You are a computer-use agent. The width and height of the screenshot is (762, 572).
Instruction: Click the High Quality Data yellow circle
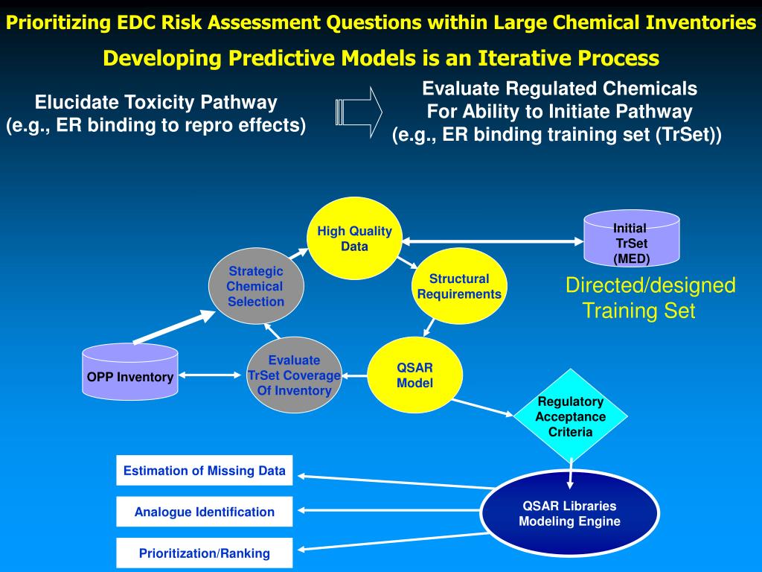tap(354, 238)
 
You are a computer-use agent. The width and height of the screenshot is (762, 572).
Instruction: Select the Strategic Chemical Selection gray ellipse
tap(256, 287)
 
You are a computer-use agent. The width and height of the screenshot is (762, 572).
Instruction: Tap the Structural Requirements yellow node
tap(459, 287)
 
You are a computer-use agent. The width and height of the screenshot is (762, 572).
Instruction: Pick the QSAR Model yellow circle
tap(415, 375)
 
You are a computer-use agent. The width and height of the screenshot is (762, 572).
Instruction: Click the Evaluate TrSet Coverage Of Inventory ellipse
tap(294, 375)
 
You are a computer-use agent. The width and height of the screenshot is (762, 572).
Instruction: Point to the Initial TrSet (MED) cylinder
tap(631, 241)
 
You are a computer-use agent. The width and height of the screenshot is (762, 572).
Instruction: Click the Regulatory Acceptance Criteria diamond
tap(571, 417)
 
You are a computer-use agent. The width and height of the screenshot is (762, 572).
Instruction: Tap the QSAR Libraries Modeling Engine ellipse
tap(570, 514)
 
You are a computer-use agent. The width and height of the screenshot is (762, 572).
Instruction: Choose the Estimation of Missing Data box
tap(205, 471)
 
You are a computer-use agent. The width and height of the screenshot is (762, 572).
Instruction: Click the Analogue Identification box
tap(205, 512)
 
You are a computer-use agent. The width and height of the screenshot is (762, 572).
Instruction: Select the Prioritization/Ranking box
tap(205, 553)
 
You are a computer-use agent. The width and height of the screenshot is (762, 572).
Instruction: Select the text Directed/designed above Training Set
tap(650, 285)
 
